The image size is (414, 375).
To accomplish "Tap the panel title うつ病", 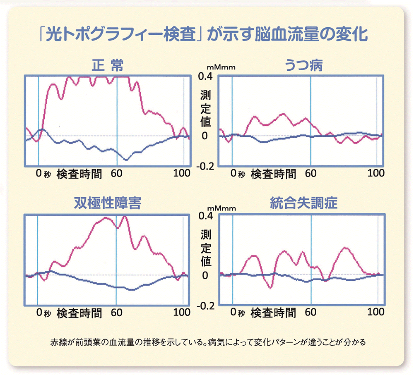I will (x=304, y=66).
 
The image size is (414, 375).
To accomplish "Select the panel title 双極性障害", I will (x=107, y=204).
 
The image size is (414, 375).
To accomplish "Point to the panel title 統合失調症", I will (x=304, y=204).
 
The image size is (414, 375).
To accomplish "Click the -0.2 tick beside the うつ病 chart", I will (x=206, y=166).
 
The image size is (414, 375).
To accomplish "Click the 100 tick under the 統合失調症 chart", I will (x=376, y=312).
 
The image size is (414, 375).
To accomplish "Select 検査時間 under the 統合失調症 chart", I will (x=273, y=313).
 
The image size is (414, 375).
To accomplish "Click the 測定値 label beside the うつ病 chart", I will (x=205, y=109).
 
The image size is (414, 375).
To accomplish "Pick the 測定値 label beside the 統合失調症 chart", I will (x=205, y=248).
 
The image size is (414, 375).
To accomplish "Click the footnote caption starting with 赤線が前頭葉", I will (x=207, y=343).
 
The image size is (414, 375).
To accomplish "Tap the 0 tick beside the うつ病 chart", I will (x=205, y=136).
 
